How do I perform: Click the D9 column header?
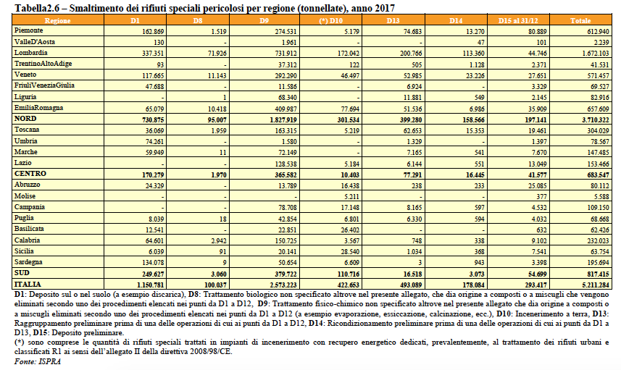click(264, 20)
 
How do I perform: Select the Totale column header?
click(580, 20)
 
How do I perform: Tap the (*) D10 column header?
click(330, 20)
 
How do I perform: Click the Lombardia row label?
click(31, 53)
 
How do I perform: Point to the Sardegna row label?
click(28, 262)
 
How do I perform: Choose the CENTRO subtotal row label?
click(30, 173)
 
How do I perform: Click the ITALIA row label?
click(28, 284)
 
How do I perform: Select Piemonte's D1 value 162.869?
click(153, 32)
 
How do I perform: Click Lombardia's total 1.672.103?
click(593, 54)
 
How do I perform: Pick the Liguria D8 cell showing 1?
click(225, 97)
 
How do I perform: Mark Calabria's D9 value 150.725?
click(286, 240)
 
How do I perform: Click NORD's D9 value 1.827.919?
click(283, 120)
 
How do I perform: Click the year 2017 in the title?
click(384, 8)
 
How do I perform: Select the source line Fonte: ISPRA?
click(38, 361)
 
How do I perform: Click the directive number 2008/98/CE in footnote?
click(212, 351)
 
